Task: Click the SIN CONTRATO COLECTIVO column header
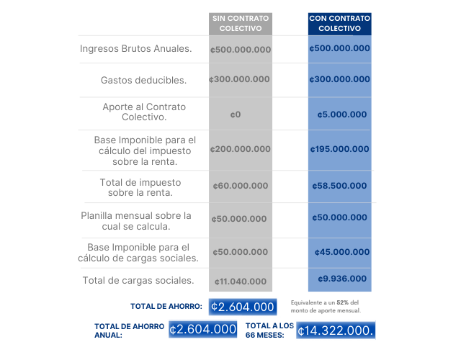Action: [241, 22]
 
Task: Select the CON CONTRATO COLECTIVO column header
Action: [339, 22]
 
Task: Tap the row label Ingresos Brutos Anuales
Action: [136, 49]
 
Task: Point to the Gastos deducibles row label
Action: [144, 79]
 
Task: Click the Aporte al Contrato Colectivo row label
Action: [144, 112]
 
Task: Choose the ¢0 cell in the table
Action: [236, 114]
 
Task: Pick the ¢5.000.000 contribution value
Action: [342, 114]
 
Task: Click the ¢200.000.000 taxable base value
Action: [241, 149]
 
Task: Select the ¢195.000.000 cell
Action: [339, 149]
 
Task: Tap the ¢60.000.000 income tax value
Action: [241, 186]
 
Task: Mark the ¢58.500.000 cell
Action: [340, 186]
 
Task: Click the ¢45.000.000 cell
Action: [342, 252]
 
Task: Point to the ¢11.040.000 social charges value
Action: [241, 282]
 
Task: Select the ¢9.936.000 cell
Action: [342, 279]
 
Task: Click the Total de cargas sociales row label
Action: [138, 281]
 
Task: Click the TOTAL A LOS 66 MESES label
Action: [269, 330]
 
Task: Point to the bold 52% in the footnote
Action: [342, 302]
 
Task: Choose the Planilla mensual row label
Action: [136, 221]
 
